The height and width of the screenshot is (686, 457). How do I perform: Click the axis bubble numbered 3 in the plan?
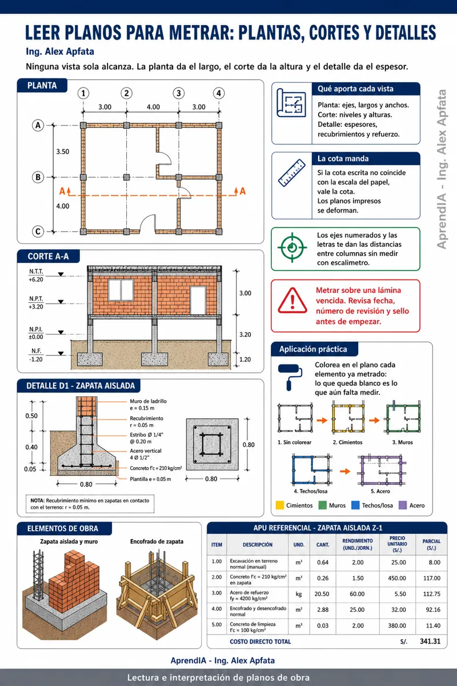[179, 93]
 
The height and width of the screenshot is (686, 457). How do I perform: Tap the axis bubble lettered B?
[38, 177]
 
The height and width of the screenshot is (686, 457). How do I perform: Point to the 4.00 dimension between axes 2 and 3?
[153, 107]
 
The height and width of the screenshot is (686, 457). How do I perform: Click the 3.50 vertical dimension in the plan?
[63, 151]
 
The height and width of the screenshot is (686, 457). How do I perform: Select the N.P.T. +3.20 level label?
[36, 302]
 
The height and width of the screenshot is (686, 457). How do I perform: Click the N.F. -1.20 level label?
[36, 355]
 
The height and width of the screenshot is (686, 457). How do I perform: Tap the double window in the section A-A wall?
[121, 290]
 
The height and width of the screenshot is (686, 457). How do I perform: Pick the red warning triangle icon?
[292, 301]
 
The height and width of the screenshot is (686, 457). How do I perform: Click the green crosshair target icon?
[292, 248]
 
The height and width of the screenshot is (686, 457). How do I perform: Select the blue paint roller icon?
[290, 377]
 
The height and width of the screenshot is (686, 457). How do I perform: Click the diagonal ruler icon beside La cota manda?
[292, 173]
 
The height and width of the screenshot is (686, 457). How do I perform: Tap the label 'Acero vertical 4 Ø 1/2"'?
[146, 454]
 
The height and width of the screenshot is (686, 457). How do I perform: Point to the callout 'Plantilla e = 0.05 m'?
[150, 479]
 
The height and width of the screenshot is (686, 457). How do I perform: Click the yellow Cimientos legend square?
[280, 505]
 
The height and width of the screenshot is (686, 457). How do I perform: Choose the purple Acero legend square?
[403, 505]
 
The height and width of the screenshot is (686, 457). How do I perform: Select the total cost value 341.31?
[430, 641]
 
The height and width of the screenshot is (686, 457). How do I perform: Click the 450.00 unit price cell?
[397, 578]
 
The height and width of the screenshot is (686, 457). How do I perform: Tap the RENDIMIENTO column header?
[358, 544]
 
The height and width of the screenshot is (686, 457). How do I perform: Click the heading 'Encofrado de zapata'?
[157, 541]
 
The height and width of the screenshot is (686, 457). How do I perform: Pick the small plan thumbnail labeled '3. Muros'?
[403, 417]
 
